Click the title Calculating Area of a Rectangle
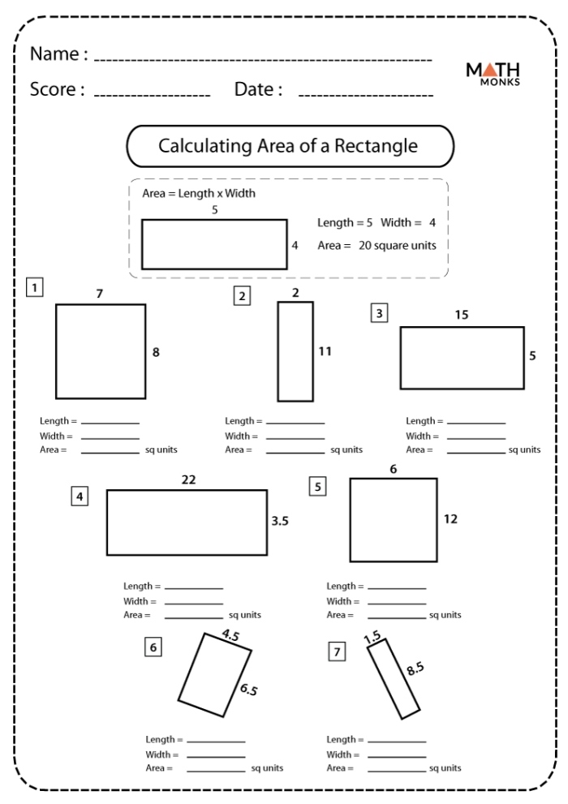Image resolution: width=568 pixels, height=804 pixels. click(x=288, y=146)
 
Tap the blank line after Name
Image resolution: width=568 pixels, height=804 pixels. click(x=263, y=60)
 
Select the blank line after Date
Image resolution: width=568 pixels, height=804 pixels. click(x=365, y=95)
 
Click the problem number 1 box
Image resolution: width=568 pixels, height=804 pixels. click(x=34, y=286)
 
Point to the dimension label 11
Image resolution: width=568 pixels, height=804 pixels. click(x=325, y=352)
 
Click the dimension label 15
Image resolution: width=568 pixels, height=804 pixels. click(x=462, y=315)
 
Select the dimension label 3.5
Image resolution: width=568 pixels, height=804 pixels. click(x=280, y=522)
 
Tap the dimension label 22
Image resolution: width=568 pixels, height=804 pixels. click(x=188, y=479)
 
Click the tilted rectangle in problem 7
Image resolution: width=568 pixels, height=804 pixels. click(x=397, y=678)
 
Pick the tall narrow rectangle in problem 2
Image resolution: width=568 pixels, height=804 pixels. click(x=295, y=351)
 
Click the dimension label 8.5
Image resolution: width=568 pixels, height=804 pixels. click(x=414, y=669)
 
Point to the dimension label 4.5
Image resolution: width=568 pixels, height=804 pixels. click(x=230, y=637)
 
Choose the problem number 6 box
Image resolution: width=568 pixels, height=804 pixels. click(x=153, y=646)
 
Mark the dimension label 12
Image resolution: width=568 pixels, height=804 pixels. click(x=451, y=519)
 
